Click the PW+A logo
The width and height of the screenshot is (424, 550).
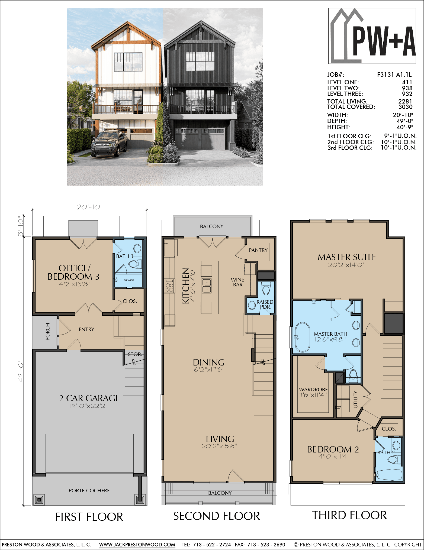point(372,36)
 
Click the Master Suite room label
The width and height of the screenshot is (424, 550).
point(347,257)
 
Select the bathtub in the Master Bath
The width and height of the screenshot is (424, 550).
point(302,337)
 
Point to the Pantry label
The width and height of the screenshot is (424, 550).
point(258,250)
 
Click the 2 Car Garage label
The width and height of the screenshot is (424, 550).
point(89,398)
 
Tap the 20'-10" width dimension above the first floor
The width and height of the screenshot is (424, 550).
point(90,207)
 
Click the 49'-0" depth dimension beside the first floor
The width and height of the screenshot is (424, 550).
point(21,371)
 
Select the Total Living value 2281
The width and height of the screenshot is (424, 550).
point(405,101)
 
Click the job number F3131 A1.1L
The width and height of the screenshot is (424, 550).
point(394,75)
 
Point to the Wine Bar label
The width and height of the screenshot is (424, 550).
point(237,282)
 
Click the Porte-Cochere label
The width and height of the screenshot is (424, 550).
point(89,490)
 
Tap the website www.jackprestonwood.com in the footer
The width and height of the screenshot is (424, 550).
point(137,545)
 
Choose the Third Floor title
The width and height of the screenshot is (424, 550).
point(349,515)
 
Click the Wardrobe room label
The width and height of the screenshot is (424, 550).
point(313,389)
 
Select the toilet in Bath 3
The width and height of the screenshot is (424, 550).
point(135,264)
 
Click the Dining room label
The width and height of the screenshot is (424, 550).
point(209,362)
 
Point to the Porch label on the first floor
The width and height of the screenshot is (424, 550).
point(48,332)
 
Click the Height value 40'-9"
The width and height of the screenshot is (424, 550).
point(405,127)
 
